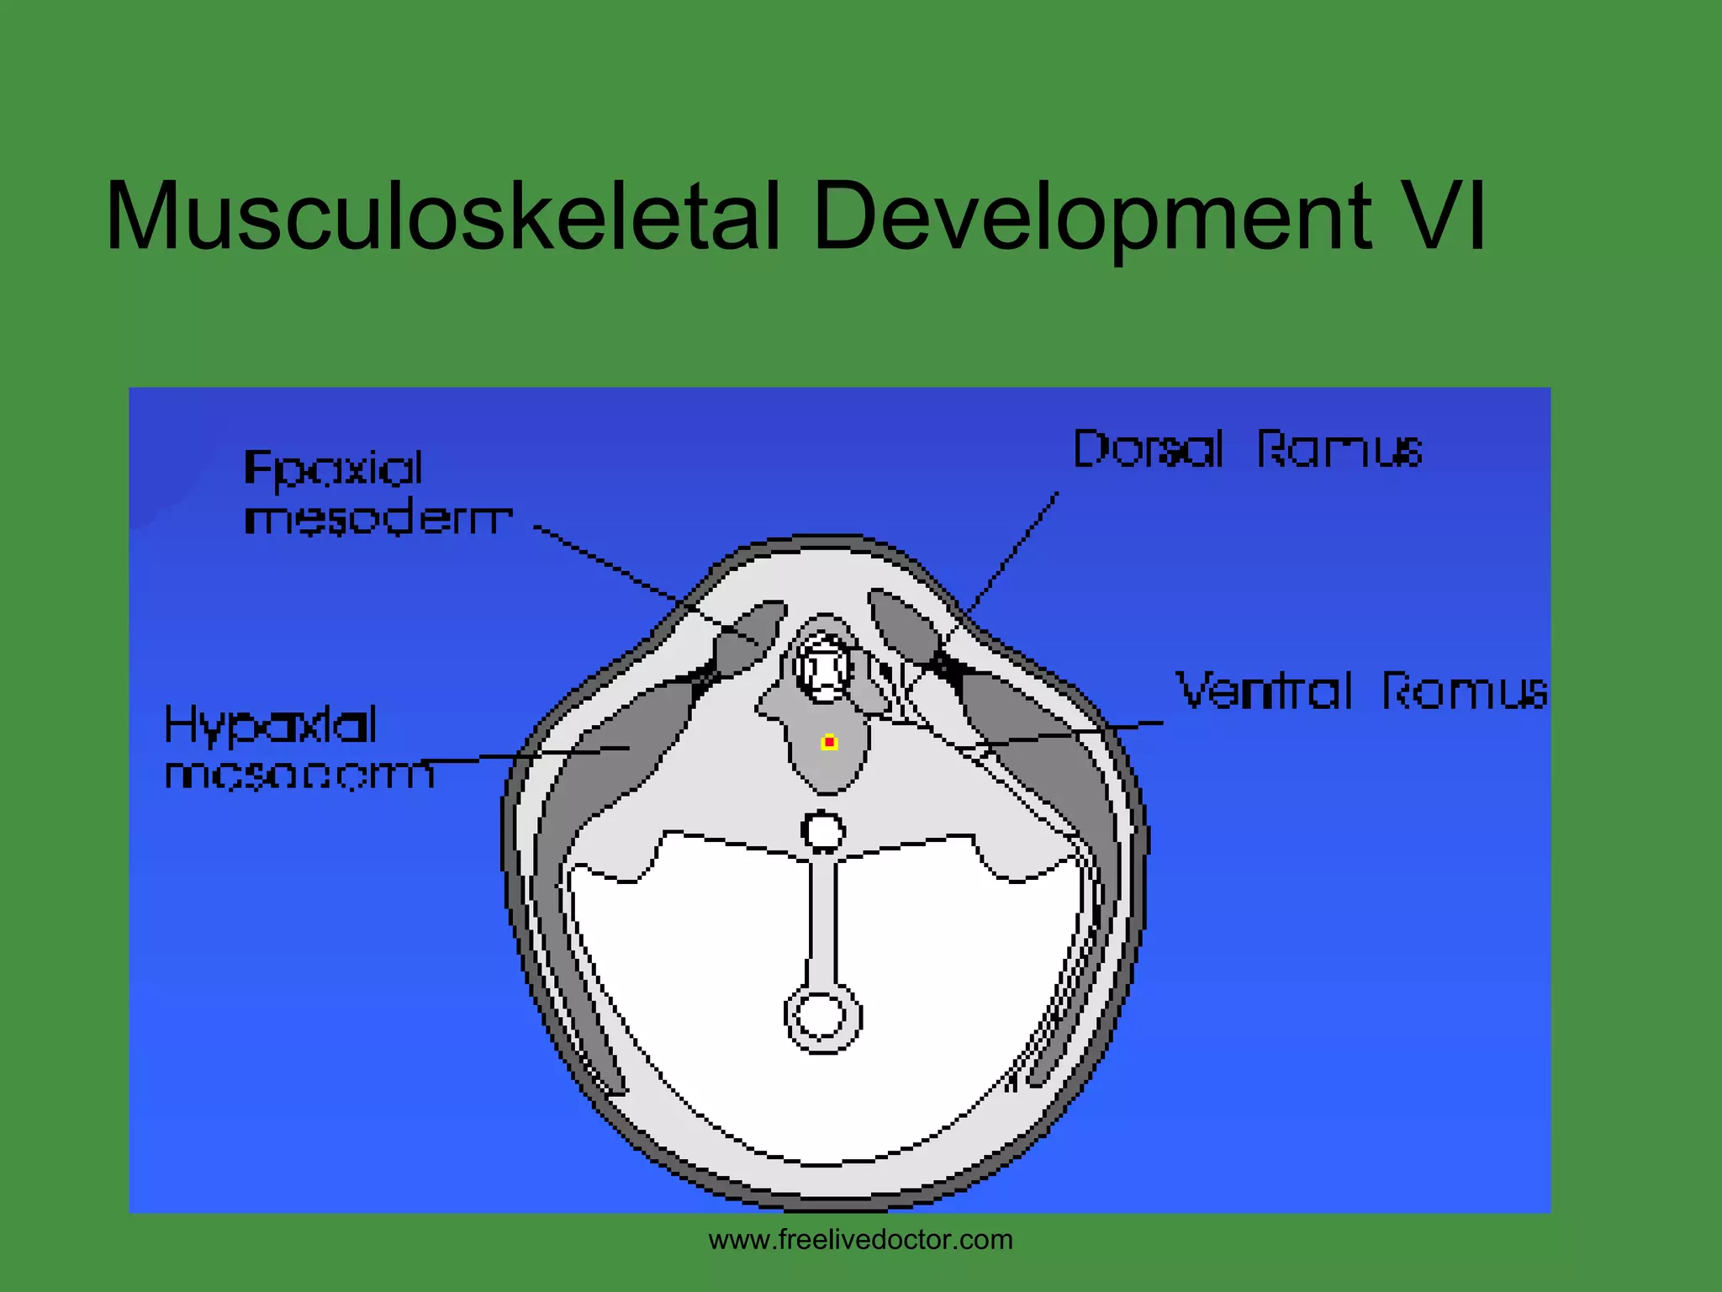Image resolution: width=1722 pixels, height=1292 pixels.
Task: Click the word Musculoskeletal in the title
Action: coord(442,216)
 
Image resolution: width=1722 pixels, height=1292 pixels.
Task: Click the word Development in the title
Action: coord(1092,216)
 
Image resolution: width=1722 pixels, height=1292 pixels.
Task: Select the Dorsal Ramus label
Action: coord(1247,449)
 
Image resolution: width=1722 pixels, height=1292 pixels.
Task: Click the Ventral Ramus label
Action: coord(1360,691)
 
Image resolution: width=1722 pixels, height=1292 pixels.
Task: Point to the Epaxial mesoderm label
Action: coord(376,493)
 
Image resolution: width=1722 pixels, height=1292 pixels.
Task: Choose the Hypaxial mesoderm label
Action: coord(298,749)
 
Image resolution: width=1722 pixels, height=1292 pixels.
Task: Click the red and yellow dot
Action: coord(829,742)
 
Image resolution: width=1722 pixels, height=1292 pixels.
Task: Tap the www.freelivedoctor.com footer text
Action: coord(860,1240)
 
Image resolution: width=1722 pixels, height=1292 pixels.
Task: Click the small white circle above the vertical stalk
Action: coord(823,832)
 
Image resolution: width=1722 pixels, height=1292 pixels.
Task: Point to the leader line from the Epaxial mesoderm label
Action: coord(622,571)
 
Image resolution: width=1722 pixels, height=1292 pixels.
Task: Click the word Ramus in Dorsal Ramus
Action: coord(1339,449)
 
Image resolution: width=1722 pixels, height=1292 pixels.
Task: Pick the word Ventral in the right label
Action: coord(1264,691)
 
